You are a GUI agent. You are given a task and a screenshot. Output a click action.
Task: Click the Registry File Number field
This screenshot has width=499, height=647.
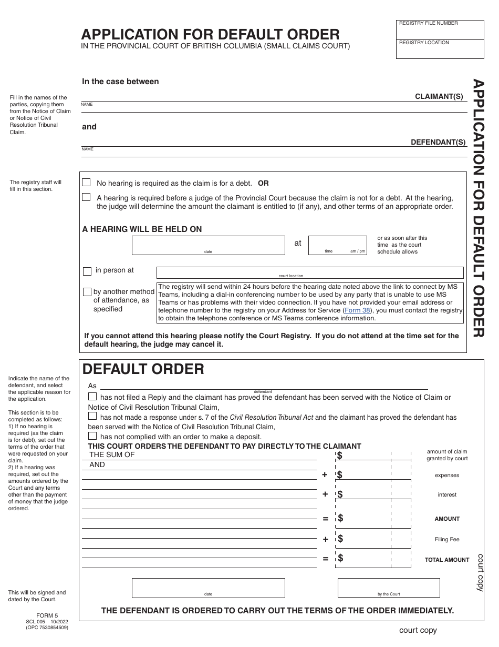point(440,31)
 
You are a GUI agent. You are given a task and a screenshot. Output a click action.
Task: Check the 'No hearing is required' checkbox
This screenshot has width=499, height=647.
point(87,183)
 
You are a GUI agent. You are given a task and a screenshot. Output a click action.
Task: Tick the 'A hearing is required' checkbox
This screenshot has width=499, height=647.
point(87,197)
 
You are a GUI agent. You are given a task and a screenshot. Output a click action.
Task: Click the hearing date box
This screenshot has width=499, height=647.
point(208,245)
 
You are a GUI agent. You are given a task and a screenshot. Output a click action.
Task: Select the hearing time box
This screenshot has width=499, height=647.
point(337,245)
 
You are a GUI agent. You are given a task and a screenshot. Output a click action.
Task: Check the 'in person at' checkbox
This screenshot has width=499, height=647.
point(87,271)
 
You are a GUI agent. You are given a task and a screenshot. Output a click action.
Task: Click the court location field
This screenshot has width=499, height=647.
point(310,272)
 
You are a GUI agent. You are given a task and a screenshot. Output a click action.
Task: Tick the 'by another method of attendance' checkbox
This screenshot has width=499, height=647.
point(87,292)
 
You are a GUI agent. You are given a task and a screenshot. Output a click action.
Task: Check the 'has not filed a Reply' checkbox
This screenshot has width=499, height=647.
point(92,397)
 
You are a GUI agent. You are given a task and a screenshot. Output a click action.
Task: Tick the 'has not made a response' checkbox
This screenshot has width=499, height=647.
point(92,416)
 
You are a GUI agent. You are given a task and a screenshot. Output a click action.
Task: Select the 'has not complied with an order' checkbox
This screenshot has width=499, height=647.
point(92,436)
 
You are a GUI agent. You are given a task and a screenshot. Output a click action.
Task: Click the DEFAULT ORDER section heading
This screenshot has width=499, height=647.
point(143,369)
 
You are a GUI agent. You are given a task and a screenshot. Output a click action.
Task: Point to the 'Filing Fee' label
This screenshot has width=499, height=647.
point(447,539)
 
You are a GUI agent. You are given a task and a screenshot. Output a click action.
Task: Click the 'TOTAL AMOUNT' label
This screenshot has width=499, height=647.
point(447,560)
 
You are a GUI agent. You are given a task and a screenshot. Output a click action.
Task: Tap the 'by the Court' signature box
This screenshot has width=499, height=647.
point(388,587)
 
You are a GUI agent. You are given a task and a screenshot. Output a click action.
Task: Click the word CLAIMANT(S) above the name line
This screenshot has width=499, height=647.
point(439,96)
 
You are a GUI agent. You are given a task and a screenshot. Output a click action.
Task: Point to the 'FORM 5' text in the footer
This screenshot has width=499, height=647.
point(47,615)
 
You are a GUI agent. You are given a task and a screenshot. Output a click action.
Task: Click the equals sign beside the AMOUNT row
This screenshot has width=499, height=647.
point(325,519)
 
